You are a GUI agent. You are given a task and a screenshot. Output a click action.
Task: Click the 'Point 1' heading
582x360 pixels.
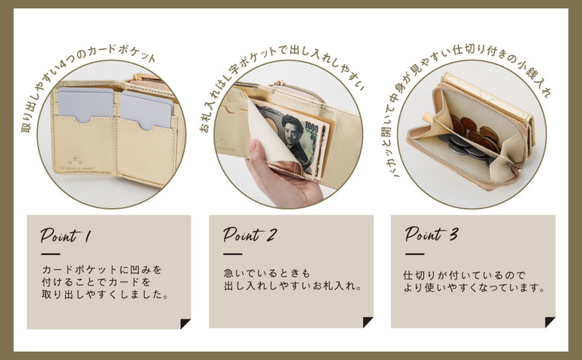(65, 235)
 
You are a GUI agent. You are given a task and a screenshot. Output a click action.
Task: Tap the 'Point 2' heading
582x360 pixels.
(250, 234)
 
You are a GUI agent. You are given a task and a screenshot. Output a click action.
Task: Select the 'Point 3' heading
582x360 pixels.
(431, 234)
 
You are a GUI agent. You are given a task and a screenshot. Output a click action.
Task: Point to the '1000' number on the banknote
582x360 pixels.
(312, 128)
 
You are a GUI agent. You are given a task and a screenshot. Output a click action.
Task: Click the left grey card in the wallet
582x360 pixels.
(86, 104)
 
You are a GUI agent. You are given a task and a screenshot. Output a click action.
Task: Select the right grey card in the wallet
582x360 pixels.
(147, 111)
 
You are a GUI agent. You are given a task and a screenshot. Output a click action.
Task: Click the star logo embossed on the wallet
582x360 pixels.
(76, 160)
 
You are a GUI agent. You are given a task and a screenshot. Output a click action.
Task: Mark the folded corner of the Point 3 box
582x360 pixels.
(549, 322)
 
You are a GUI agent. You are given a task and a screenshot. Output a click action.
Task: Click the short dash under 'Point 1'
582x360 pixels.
(51, 255)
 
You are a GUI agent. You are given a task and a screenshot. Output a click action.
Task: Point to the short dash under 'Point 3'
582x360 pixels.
(415, 254)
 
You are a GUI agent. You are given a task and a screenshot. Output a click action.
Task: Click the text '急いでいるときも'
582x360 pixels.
(266, 273)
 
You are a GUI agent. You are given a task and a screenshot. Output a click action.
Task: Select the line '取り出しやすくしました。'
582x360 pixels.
(105, 295)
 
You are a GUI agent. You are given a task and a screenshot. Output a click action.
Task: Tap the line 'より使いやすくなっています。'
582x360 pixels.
(474, 287)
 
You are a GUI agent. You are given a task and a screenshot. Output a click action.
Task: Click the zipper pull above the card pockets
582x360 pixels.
(135, 78)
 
